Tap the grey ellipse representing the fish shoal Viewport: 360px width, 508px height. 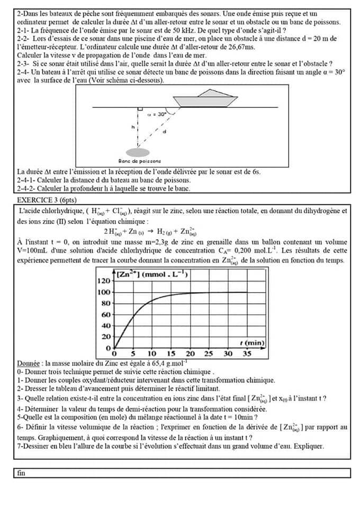(x=138, y=152)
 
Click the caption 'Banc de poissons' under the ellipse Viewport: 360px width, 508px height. (x=140, y=161)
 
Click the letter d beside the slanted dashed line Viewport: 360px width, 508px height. (x=164, y=131)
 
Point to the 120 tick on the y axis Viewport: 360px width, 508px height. (x=104, y=281)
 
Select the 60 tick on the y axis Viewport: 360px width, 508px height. (x=105, y=315)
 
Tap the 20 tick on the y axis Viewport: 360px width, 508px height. (x=105, y=337)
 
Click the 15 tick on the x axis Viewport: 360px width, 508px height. (x=171, y=353)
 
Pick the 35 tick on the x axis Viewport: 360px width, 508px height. (x=247, y=353)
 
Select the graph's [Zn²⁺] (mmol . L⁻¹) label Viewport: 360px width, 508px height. (x=152, y=274)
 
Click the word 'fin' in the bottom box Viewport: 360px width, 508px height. (x=21, y=473)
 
